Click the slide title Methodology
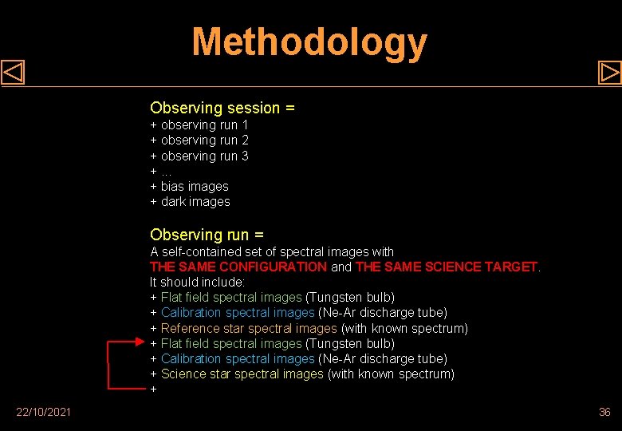click(x=309, y=42)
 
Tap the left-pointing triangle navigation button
click(x=13, y=73)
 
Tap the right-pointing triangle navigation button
click(x=609, y=73)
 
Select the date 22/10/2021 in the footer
click(x=43, y=412)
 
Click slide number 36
click(x=604, y=412)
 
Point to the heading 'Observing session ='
click(x=222, y=108)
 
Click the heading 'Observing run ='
click(x=207, y=235)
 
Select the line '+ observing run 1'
click(x=199, y=125)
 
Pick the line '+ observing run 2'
click(x=199, y=140)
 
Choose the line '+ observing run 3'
click(x=199, y=156)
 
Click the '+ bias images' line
click(x=190, y=187)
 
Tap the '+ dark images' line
click(x=191, y=202)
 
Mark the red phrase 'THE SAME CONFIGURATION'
click(x=238, y=267)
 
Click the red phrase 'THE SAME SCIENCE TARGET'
click(x=447, y=267)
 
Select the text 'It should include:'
click(x=197, y=282)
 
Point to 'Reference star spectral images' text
click(x=249, y=328)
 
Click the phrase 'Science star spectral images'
click(x=242, y=374)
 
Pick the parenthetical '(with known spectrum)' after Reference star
click(x=404, y=328)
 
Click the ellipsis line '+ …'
click(x=160, y=172)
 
